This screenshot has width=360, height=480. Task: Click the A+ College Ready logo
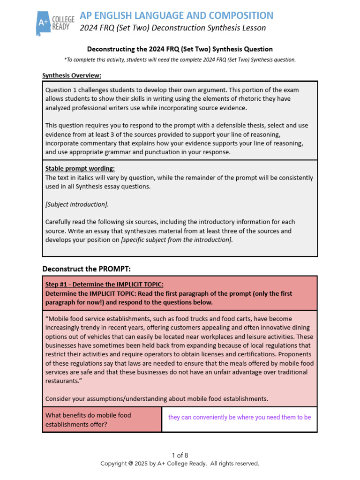tap(55, 22)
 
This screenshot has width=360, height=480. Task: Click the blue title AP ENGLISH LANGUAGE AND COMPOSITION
tap(177, 15)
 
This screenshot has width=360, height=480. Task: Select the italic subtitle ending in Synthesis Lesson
tap(172, 28)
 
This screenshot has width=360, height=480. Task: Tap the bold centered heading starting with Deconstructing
tap(180, 49)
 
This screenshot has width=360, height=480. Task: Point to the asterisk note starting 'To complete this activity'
tap(180, 60)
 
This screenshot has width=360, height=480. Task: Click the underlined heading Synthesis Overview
tap(72, 75)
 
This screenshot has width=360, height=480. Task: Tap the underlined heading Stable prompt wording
tap(80, 168)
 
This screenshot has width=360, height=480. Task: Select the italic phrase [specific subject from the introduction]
tap(177, 240)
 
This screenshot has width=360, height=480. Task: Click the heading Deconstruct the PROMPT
tap(86, 269)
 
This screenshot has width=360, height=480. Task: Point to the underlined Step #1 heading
tap(104, 285)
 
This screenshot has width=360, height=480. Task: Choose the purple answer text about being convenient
tap(239, 417)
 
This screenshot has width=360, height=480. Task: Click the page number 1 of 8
tap(180, 455)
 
